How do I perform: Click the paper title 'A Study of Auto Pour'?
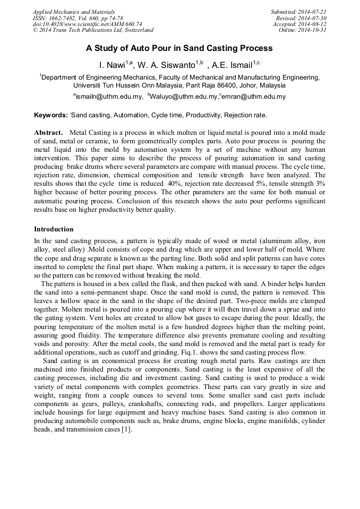[179, 48]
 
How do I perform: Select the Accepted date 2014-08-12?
[314, 24]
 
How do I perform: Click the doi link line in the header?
[87, 24]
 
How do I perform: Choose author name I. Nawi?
[112, 65]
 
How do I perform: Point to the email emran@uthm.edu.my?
[254, 97]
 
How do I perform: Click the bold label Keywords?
[50, 115]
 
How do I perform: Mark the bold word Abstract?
[48, 132]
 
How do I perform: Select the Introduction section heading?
[54, 229]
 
